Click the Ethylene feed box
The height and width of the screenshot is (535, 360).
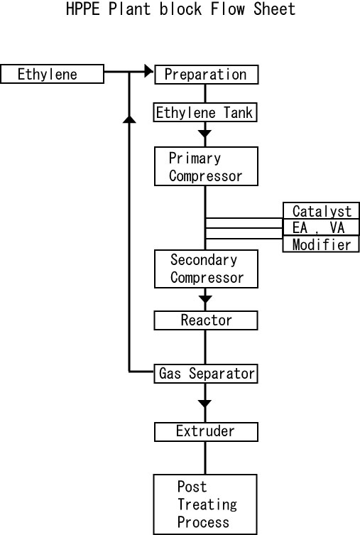[x=52, y=74]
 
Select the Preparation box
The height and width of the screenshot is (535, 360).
[x=206, y=75]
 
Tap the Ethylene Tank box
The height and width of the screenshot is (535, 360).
[x=205, y=112]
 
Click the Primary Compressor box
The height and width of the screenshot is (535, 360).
[x=206, y=166]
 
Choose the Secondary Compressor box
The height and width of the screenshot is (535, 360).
[x=206, y=269]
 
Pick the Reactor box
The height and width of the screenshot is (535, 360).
[x=206, y=320]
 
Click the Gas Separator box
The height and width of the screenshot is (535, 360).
[x=206, y=374]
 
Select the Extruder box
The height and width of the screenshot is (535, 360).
[x=206, y=432]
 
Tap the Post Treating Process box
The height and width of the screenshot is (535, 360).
[x=205, y=504]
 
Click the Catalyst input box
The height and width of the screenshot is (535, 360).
[x=321, y=210]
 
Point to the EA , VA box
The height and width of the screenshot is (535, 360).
[x=321, y=227]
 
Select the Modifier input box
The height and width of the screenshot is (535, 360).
[x=321, y=244]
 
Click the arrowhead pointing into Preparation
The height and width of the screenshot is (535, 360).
[x=149, y=71]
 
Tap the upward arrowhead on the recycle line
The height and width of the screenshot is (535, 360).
[x=129, y=119]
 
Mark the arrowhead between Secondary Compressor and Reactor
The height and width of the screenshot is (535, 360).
[x=205, y=299]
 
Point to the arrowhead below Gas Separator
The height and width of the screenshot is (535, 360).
[x=205, y=404]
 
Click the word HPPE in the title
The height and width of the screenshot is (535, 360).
[x=83, y=9]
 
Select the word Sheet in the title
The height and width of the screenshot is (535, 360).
[x=274, y=9]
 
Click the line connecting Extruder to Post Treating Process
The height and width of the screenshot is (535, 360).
[x=205, y=458]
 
